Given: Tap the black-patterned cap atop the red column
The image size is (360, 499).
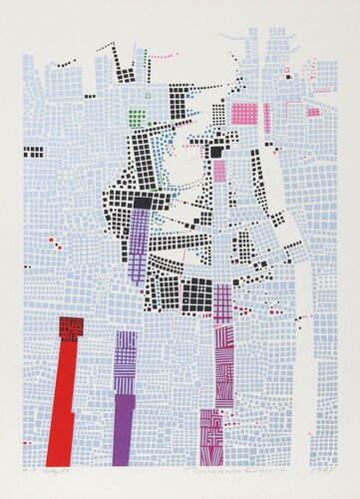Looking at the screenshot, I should (71, 329).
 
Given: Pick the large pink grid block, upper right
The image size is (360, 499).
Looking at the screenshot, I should (243, 114).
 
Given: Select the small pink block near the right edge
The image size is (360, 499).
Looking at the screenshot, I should (313, 112).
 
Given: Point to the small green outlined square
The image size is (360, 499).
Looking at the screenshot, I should (148, 96).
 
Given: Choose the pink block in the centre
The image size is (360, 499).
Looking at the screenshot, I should (219, 169).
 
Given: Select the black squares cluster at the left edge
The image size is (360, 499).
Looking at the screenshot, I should (33, 153).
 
